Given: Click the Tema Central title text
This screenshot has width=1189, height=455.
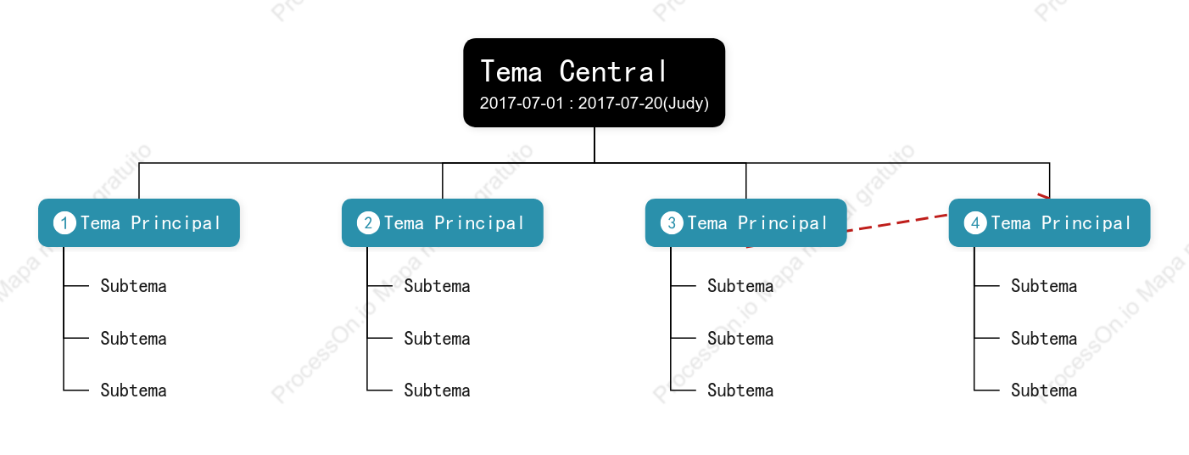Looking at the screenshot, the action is point(573,72).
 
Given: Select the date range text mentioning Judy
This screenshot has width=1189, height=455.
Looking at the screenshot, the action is point(594,103).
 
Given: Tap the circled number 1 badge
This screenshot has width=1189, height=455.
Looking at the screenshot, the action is point(64,222).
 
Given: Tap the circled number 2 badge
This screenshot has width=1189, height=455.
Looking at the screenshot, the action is point(368,222).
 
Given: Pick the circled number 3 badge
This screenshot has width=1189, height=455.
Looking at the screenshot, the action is point(672,222).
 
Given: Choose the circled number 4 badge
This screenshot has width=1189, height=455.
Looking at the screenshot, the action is point(975,222).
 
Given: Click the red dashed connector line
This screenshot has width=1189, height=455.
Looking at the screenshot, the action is point(897,222).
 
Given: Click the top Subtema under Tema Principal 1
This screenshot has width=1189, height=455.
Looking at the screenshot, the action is point(134,286).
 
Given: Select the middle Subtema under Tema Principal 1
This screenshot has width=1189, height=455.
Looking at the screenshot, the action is point(134,339).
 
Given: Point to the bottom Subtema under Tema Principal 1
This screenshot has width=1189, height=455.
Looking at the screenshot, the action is point(134,390).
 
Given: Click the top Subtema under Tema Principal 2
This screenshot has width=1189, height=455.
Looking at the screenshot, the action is point(438,286).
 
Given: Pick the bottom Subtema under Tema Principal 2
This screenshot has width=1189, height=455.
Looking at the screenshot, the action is point(438,390).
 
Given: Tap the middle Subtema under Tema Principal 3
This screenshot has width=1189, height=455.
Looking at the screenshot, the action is point(740,339).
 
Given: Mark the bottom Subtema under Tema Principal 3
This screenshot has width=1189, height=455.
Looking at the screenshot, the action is point(740,390).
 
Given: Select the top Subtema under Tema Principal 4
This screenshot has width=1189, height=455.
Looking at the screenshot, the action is point(1044,286).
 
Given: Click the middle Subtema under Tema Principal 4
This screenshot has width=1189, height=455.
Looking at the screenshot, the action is point(1044,339).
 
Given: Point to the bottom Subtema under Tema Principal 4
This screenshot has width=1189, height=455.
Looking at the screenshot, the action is point(1044,390).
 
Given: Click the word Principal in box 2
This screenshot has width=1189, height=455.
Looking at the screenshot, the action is point(479,223).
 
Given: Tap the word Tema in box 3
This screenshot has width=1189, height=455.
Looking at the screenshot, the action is point(707,222).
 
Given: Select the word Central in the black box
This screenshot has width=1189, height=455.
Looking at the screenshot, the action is point(613,72).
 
